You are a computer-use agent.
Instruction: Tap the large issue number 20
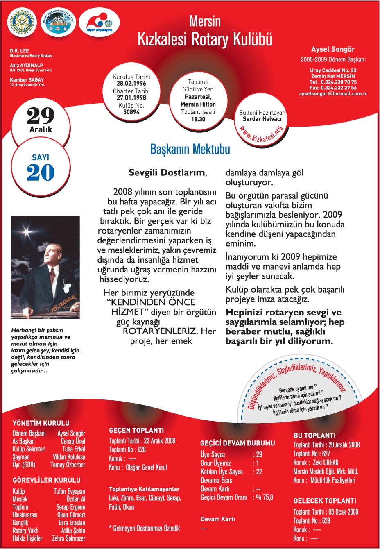41,172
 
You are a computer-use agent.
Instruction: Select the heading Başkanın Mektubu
190,149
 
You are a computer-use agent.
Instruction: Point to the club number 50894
131,112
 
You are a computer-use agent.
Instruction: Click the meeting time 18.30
198,119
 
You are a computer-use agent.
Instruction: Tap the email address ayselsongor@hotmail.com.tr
333,94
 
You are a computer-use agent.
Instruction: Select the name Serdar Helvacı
262,119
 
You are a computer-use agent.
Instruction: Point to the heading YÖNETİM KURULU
41,423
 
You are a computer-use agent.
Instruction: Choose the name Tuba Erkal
74,449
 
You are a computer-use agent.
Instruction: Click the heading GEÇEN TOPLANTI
136,430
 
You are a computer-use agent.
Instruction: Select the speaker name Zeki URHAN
326,463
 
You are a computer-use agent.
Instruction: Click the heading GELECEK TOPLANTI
325,501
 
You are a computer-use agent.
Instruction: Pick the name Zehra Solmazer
68,538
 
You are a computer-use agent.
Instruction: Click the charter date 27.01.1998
131,98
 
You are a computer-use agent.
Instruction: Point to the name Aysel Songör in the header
333,49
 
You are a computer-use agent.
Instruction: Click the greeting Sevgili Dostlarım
167,172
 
